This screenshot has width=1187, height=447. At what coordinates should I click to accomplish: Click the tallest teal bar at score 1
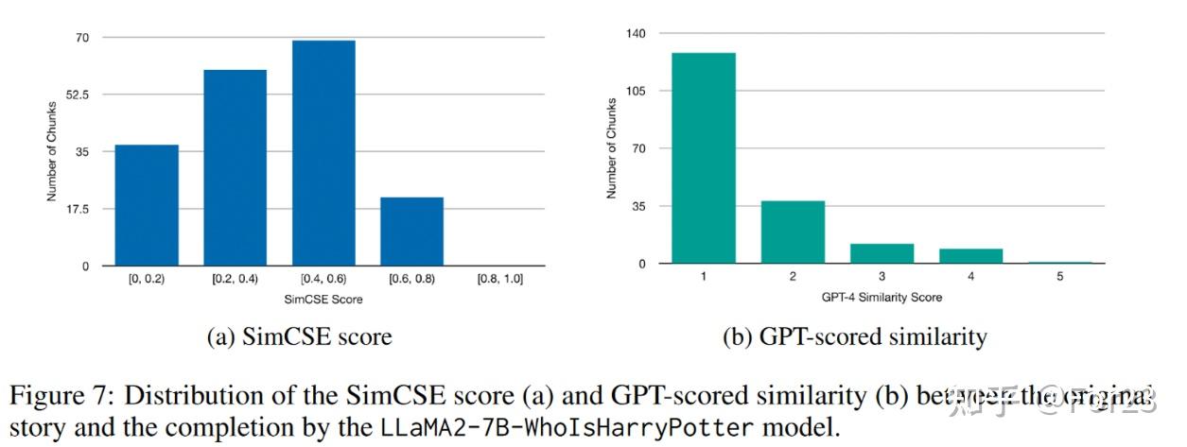click(x=703, y=158)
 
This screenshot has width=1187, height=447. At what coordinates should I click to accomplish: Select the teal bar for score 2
click(x=793, y=232)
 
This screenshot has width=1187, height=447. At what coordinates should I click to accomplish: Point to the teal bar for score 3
click(x=882, y=253)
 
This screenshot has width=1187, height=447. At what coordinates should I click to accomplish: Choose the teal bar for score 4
click(x=970, y=256)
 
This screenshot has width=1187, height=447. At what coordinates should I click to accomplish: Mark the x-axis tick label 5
click(x=1059, y=278)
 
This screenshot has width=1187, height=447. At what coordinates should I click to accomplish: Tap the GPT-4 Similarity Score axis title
click(x=882, y=297)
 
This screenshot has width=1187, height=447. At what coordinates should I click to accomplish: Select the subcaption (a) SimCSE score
click(x=299, y=336)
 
